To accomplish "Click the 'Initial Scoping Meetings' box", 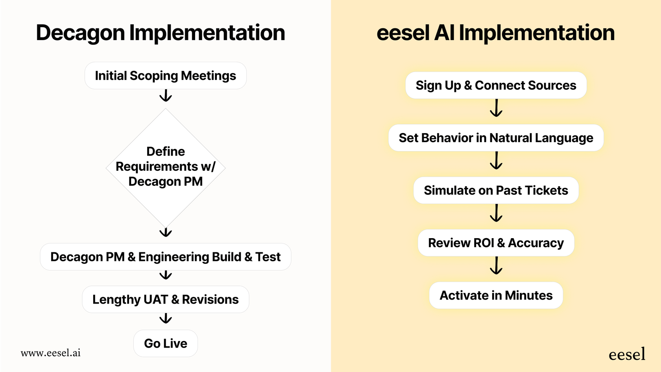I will pyautogui.click(x=166, y=76).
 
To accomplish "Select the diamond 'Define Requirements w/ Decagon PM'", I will pyautogui.click(x=166, y=167).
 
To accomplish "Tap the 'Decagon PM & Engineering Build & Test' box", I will pyautogui.click(x=166, y=257).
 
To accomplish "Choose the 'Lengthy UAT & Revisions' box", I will pyautogui.click(x=166, y=300).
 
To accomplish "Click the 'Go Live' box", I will pyautogui.click(x=166, y=343).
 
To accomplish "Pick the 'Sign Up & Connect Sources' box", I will pyautogui.click(x=496, y=85).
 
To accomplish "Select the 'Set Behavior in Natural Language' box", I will pyautogui.click(x=496, y=138).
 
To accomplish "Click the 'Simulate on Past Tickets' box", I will pyautogui.click(x=496, y=191).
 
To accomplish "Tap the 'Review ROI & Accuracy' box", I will pyautogui.click(x=496, y=243).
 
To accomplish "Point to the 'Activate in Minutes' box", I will pyautogui.click(x=496, y=295).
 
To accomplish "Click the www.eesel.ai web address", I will pyautogui.click(x=51, y=353).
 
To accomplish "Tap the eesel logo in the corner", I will pyautogui.click(x=627, y=354).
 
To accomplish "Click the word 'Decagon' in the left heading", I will pyautogui.click(x=80, y=33).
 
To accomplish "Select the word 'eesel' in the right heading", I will pyautogui.click(x=403, y=33).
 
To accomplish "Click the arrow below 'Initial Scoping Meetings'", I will pyautogui.click(x=166, y=96).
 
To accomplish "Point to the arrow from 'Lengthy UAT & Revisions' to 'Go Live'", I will pyautogui.click(x=166, y=318).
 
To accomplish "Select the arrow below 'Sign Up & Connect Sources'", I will pyautogui.click(x=496, y=108).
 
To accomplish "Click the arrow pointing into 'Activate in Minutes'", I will pyautogui.click(x=496, y=265).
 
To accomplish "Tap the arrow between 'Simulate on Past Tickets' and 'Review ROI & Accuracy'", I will pyautogui.click(x=496, y=213).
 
